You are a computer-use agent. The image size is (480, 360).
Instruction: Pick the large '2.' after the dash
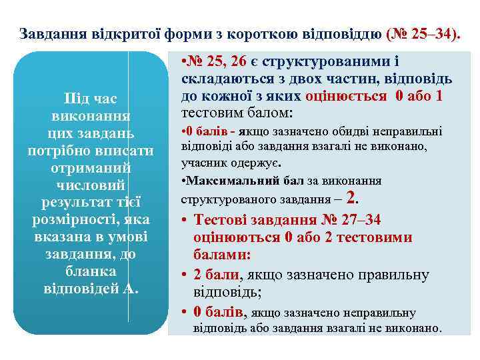[353, 197]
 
